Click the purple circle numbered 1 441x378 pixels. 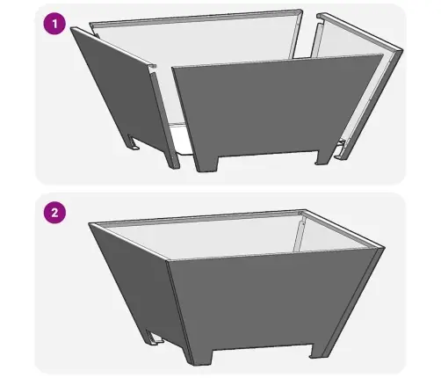click(54, 24)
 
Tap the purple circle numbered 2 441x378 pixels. click(54, 213)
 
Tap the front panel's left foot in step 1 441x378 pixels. click(206, 164)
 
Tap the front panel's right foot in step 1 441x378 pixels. click(325, 157)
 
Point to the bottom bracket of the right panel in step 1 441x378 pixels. click(340, 150)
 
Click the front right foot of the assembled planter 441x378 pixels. click(319, 351)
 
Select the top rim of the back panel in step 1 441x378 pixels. click(196, 18)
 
